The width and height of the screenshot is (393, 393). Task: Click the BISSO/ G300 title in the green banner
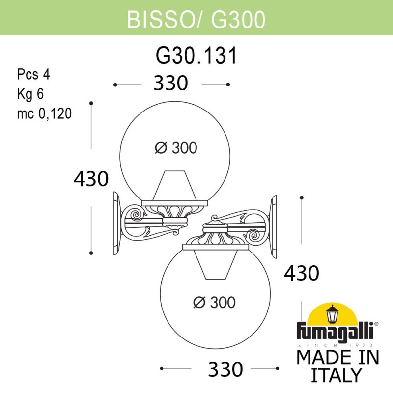click(196, 18)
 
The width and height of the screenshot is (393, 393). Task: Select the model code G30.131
click(196, 56)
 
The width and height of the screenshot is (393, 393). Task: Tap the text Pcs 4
click(34, 75)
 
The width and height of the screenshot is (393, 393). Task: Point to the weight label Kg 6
click(31, 94)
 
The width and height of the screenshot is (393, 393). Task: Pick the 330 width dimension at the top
click(171, 84)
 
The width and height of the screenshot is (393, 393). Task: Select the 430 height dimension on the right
click(302, 272)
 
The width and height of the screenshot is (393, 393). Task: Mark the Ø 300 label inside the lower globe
click(214, 303)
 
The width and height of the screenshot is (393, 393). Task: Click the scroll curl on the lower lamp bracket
click(256, 236)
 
